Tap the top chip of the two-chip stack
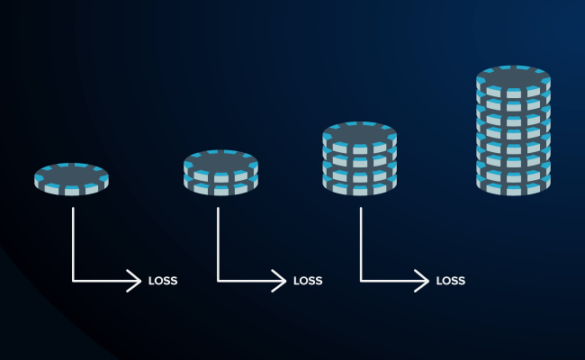(220, 162)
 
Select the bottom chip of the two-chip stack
(220, 184)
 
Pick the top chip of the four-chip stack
(359, 135)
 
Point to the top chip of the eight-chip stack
(513, 79)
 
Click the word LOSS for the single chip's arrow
(163, 281)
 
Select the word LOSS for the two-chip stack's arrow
(308, 281)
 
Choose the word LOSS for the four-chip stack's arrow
(451, 281)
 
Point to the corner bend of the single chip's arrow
(74, 281)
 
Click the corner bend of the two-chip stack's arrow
(219, 281)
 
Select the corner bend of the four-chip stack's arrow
(362, 281)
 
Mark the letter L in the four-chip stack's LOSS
(439, 281)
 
